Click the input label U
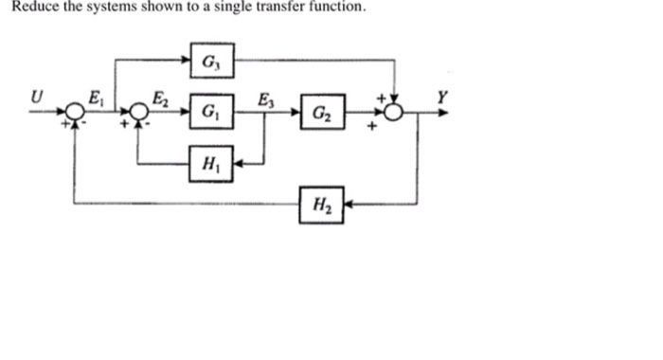coord(36,95)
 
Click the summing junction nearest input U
coord(75,111)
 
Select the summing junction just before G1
coord(139,111)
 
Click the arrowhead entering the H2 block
coord(346,203)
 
